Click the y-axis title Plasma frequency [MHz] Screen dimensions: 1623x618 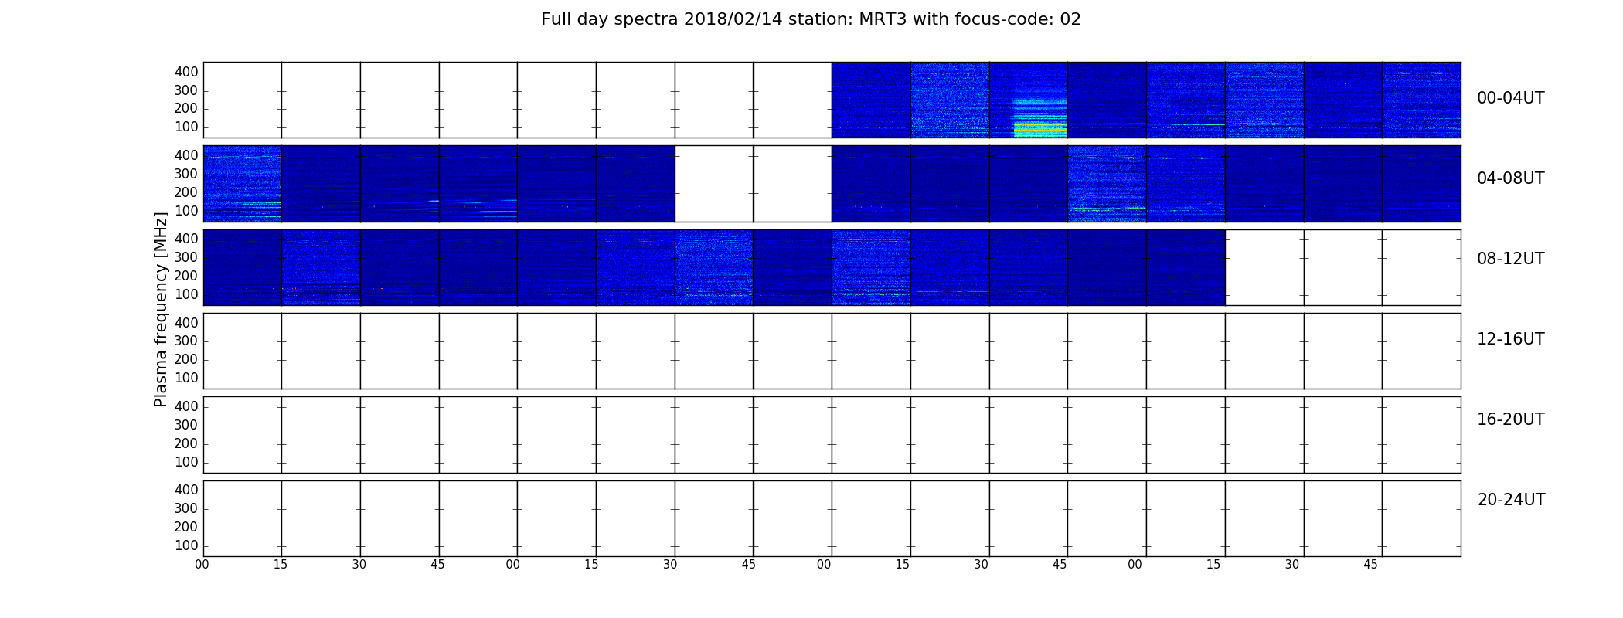coord(161,309)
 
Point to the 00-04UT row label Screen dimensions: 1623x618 coord(1510,98)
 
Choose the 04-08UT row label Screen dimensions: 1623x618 coord(1510,178)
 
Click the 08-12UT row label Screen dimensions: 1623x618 coord(1510,259)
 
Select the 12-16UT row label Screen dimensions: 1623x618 coord(1510,339)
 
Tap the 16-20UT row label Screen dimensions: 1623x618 coord(1510,419)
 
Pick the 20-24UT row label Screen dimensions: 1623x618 coord(1511,500)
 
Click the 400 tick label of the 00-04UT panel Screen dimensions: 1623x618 coord(186,72)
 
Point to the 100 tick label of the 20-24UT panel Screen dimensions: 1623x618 coord(186,545)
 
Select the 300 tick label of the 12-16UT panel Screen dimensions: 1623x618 coord(186,341)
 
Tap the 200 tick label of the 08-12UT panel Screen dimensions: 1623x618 coord(186,276)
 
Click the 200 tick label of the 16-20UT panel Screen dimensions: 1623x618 coord(186,443)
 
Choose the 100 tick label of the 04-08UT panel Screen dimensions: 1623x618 coord(186,211)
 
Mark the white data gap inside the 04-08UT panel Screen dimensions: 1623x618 coord(754,184)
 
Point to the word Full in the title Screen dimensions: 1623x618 coord(556,19)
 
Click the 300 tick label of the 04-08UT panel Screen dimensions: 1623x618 coord(186,174)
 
